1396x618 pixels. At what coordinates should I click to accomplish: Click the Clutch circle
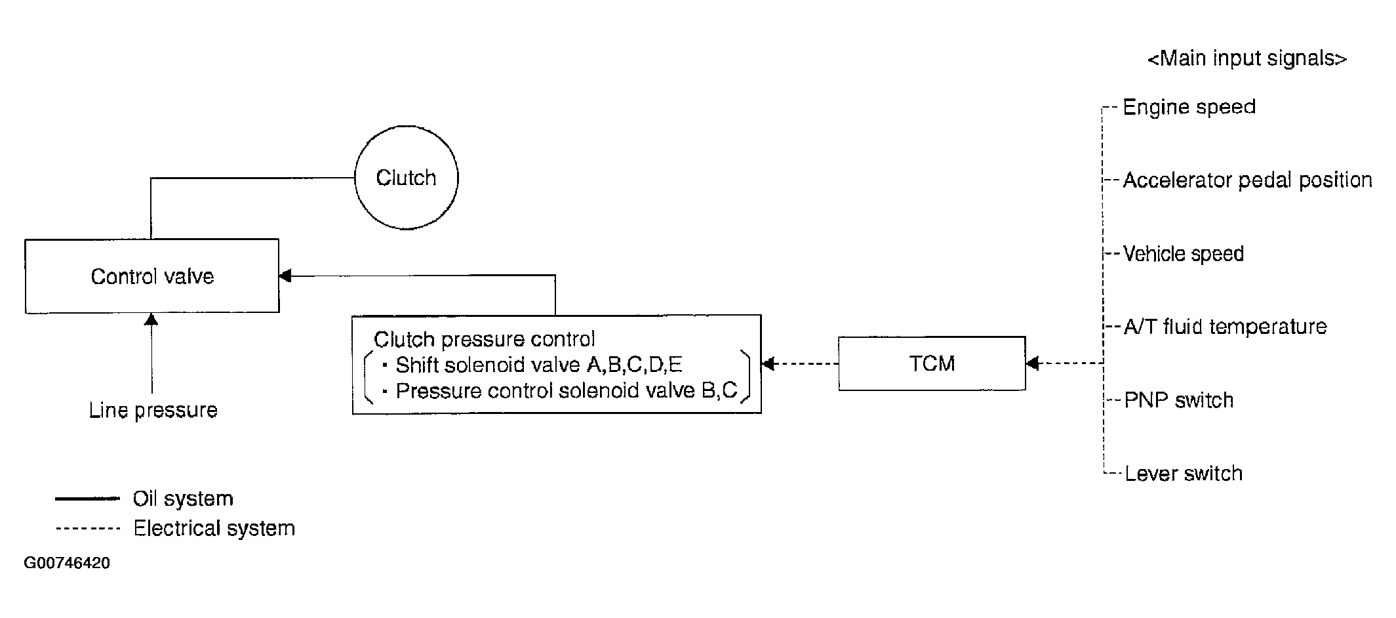[406, 177]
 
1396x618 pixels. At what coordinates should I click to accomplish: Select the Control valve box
[152, 276]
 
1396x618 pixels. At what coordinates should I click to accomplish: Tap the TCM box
[932, 363]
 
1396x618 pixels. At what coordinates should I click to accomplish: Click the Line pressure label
[153, 410]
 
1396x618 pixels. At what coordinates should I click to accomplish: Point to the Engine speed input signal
[1189, 107]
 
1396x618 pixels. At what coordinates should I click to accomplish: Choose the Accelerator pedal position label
[1247, 180]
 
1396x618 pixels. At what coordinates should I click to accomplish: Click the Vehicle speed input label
[1183, 254]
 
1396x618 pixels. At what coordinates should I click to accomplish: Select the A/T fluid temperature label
[1225, 327]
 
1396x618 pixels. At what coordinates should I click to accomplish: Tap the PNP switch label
[1178, 400]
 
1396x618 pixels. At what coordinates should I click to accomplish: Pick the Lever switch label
[1183, 474]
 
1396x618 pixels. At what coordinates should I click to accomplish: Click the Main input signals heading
[1246, 58]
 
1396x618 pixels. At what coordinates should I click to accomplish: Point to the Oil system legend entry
[183, 499]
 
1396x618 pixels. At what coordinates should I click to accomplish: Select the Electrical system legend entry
[214, 528]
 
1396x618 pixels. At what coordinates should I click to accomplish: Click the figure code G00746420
[67, 563]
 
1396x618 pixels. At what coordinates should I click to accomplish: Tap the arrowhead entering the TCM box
[1032, 363]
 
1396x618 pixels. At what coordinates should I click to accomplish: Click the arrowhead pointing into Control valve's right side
[285, 276]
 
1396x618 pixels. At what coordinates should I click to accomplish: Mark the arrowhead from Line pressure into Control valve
[151, 319]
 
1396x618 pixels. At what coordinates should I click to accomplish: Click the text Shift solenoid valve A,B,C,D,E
[539, 365]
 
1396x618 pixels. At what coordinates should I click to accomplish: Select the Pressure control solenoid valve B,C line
[567, 391]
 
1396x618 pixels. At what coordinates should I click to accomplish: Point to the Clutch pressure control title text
[484, 339]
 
